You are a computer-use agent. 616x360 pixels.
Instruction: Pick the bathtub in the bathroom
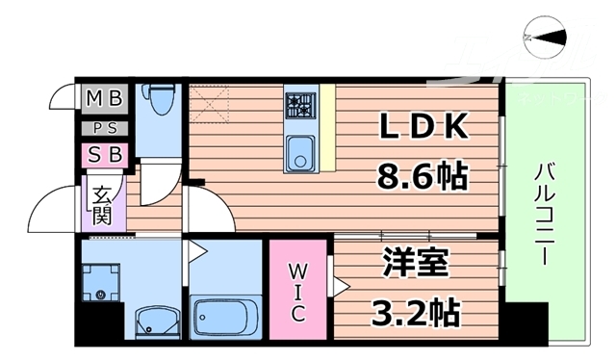[x=225, y=314]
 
